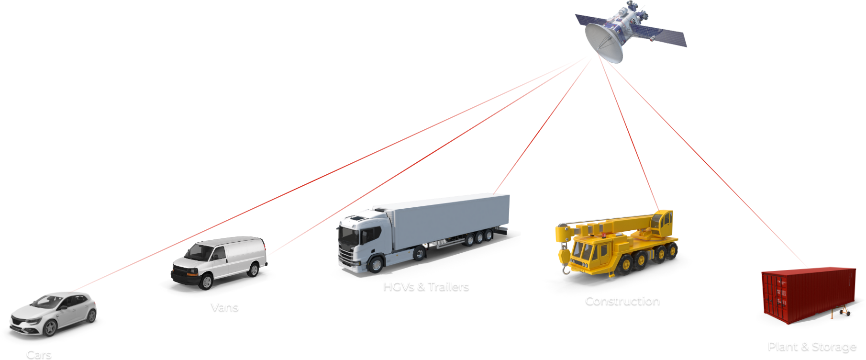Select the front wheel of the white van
click(x=207, y=282)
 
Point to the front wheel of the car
click(x=50, y=329)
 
